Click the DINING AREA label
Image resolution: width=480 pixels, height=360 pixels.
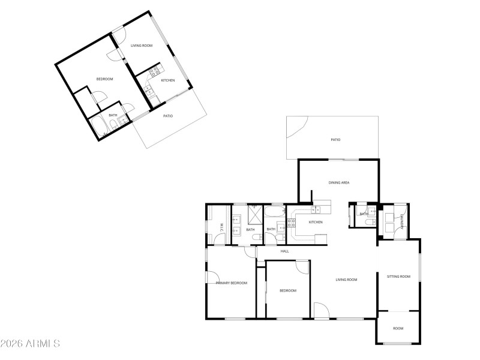tap(339, 182)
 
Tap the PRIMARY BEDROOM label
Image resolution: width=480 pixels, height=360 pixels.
tap(232, 283)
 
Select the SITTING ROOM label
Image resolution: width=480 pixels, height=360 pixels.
tap(398, 277)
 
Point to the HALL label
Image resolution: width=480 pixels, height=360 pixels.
tap(284, 251)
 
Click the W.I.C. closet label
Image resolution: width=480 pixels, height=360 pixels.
tap(221, 228)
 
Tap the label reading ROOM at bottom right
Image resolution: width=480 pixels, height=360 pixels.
tap(398, 328)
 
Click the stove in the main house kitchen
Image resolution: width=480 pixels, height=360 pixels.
tap(292, 223)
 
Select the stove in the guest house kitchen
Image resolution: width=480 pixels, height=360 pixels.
tap(154, 71)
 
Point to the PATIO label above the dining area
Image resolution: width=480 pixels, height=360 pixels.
tap(335, 140)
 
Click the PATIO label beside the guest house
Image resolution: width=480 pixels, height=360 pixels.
tap(168, 116)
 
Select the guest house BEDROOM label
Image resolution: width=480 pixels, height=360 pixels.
tap(105, 79)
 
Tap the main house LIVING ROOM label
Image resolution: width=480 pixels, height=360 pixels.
tap(346, 280)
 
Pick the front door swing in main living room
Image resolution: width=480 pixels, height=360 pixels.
tap(321, 310)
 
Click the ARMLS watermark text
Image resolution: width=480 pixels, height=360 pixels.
tap(30, 344)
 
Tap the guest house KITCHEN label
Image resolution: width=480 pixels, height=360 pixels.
tap(168, 80)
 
